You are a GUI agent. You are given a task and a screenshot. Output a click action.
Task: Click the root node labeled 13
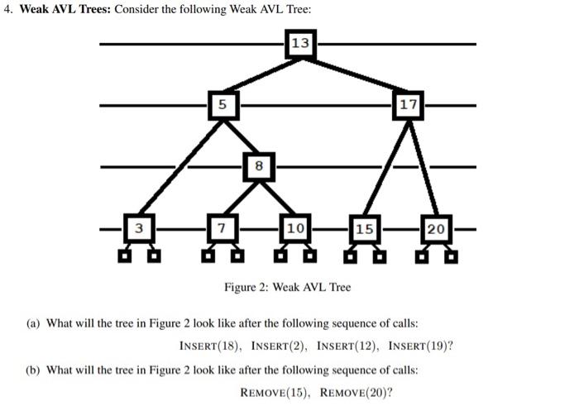[x=300, y=44]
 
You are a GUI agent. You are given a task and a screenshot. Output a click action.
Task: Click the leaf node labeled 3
[x=140, y=227]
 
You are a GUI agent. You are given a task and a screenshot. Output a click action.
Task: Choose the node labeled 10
[x=295, y=227]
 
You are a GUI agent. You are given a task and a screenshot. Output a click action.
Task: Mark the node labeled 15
[x=364, y=227]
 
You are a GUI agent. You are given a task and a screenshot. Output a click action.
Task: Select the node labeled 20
[x=437, y=227]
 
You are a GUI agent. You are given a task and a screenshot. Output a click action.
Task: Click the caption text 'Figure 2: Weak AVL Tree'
[x=287, y=287]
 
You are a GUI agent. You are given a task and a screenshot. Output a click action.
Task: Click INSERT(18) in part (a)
[x=211, y=346]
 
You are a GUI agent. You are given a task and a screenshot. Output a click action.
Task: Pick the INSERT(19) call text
[x=421, y=346]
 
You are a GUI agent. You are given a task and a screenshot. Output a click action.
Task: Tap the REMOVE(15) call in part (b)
[x=275, y=391]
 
